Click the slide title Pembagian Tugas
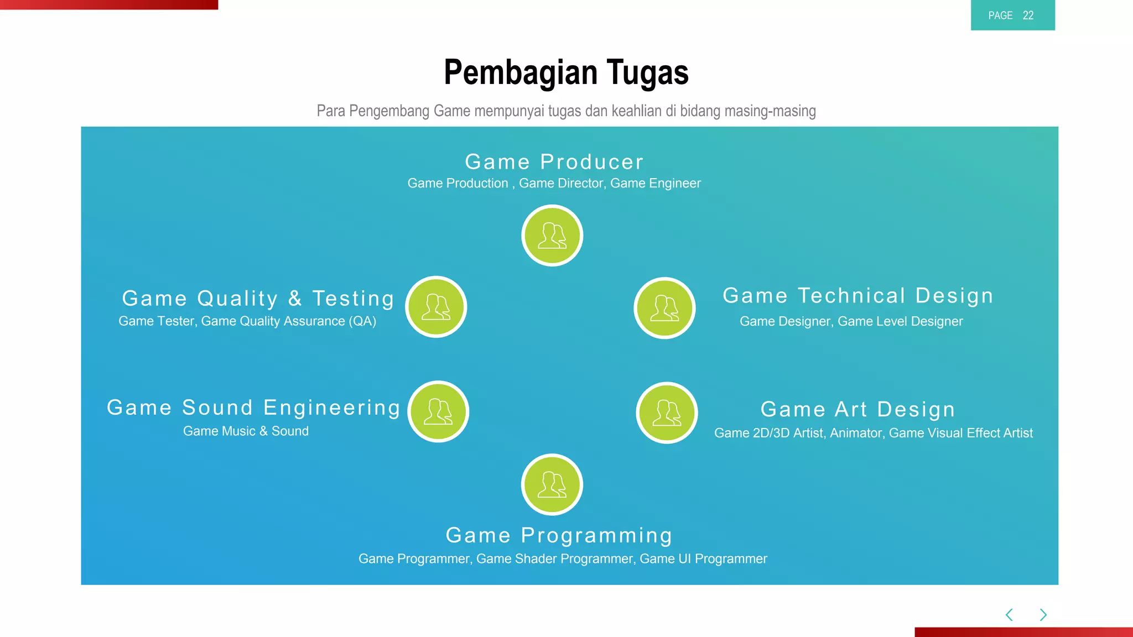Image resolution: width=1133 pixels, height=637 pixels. click(x=566, y=72)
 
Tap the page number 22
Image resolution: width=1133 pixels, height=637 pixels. click(x=1028, y=15)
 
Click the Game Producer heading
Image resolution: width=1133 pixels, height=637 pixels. click(x=554, y=162)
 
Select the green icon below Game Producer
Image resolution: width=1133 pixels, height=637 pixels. click(x=552, y=236)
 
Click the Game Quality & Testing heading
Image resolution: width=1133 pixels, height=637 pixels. click(x=258, y=299)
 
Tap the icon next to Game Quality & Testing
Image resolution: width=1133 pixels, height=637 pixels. click(x=436, y=307)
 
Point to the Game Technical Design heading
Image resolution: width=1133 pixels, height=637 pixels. click(x=858, y=296)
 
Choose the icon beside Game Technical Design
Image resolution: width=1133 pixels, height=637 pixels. click(x=664, y=308)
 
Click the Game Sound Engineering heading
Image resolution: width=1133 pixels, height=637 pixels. click(x=253, y=408)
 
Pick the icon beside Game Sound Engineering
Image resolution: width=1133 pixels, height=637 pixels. click(x=438, y=411)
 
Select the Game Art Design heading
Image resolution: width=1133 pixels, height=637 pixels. click(x=857, y=410)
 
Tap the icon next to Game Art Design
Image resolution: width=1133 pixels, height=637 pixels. click(x=667, y=413)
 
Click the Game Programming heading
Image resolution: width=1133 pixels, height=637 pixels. click(x=559, y=535)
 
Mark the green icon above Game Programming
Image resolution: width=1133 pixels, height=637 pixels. click(x=552, y=484)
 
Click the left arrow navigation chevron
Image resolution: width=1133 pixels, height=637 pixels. click(x=1009, y=615)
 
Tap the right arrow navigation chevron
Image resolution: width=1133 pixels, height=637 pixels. click(x=1043, y=615)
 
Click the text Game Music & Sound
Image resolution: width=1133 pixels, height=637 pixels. click(x=246, y=431)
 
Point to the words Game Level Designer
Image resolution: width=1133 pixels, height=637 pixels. click(x=900, y=321)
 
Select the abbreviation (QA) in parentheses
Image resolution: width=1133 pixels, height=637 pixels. click(x=362, y=321)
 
